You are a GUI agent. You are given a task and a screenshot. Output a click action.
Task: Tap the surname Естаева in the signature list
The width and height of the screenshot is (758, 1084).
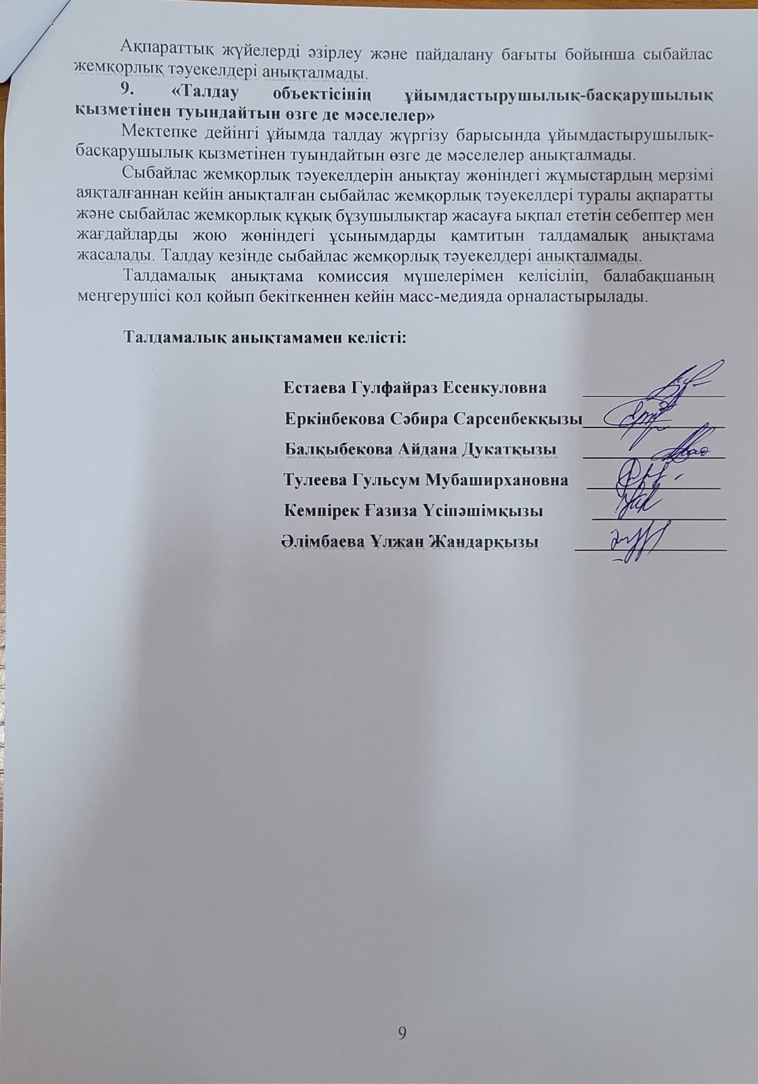point(314,388)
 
